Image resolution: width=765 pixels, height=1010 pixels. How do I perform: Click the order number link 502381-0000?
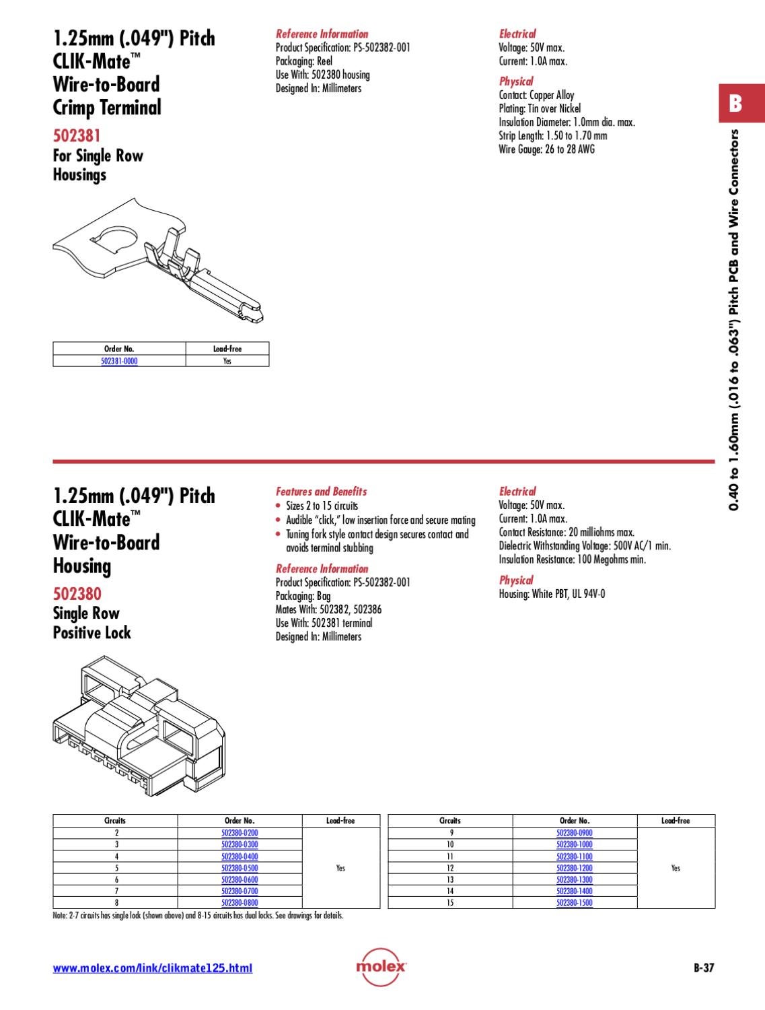119,361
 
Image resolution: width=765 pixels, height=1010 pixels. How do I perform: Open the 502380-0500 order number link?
240,868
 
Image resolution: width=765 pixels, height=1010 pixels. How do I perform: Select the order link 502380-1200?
575,868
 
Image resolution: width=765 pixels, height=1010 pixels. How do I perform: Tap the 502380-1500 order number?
575,902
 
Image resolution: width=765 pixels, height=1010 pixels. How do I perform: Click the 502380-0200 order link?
240,833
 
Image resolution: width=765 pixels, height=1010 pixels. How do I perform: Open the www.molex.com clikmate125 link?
153,968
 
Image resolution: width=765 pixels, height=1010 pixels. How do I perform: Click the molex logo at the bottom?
381,967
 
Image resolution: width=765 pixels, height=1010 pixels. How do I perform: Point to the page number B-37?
704,968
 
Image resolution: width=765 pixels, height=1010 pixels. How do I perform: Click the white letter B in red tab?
735,104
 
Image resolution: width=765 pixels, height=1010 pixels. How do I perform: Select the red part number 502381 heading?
77,135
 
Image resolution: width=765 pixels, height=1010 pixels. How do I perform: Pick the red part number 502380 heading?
77,593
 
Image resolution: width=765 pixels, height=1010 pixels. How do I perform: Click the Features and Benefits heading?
322,492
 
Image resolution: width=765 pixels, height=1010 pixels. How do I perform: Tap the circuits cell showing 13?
450,879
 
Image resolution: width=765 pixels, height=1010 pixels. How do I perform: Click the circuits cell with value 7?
116,891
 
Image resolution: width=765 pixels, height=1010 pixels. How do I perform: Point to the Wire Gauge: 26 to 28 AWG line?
547,149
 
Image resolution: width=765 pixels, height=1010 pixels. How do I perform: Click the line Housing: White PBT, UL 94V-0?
552,594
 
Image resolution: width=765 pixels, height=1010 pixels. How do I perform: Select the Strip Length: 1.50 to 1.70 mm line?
553,135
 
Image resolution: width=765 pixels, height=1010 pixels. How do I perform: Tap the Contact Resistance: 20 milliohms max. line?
567,532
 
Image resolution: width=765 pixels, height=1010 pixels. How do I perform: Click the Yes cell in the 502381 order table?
227,361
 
